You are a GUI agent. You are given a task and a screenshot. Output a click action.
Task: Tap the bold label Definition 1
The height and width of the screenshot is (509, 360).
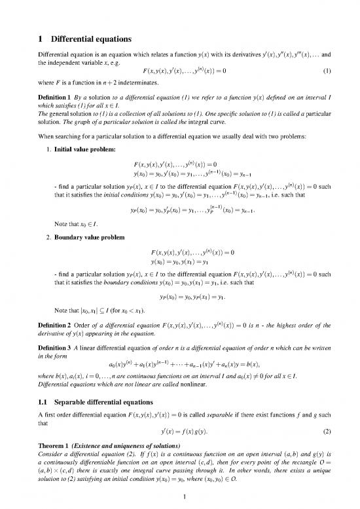(x=56, y=97)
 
